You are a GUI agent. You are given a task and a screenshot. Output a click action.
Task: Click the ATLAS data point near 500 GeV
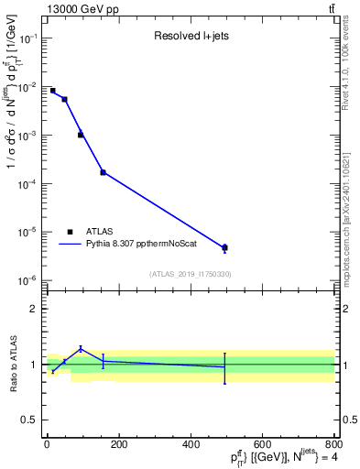pyautogui.click(x=224, y=247)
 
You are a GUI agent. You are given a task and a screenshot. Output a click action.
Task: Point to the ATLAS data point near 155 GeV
pyautogui.click(x=103, y=172)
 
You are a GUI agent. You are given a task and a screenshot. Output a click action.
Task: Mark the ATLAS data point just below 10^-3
pyautogui.click(x=81, y=135)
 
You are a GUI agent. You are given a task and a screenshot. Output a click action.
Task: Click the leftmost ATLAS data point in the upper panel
pyautogui.click(x=52, y=91)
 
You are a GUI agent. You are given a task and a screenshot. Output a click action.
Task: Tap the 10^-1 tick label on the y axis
pyautogui.click(x=27, y=38)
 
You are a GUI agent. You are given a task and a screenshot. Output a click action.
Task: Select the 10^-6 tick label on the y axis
pyautogui.click(x=27, y=280)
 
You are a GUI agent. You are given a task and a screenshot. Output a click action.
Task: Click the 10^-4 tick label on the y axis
pyautogui.click(x=27, y=183)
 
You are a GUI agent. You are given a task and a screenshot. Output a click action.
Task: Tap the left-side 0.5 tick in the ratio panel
pyautogui.click(x=29, y=420)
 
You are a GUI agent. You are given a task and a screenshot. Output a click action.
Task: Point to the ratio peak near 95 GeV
pyautogui.click(x=81, y=348)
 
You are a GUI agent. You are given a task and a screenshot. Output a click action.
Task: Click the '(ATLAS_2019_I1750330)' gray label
pyautogui.click(x=190, y=274)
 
